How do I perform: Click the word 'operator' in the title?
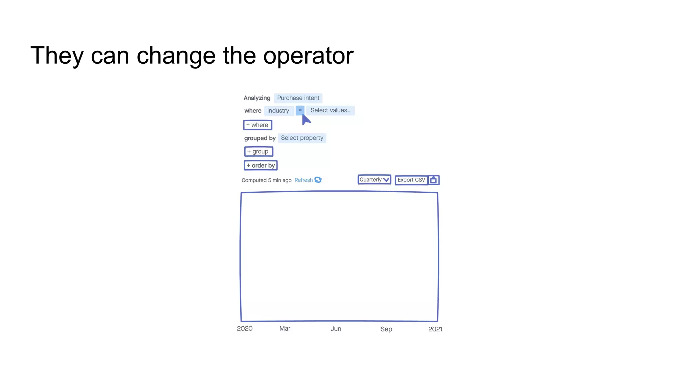click(x=308, y=56)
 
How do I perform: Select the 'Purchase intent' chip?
click(x=298, y=98)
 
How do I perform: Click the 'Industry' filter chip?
click(x=278, y=111)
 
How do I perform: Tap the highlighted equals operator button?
click(x=300, y=110)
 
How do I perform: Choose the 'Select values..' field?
click(x=330, y=110)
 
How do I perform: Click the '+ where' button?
click(x=258, y=125)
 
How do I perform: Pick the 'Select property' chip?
click(x=302, y=138)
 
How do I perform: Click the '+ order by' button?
click(x=261, y=166)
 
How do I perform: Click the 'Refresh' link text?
click(x=304, y=180)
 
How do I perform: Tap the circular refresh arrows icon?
click(x=318, y=180)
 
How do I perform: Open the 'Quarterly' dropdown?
click(x=374, y=180)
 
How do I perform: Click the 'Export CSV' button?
click(x=411, y=180)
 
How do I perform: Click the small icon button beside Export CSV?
click(x=433, y=180)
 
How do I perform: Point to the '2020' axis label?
click(x=245, y=329)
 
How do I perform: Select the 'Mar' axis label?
click(x=285, y=329)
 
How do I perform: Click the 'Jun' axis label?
click(x=336, y=329)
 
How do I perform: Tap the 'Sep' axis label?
click(x=386, y=329)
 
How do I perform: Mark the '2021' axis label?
click(x=435, y=329)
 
